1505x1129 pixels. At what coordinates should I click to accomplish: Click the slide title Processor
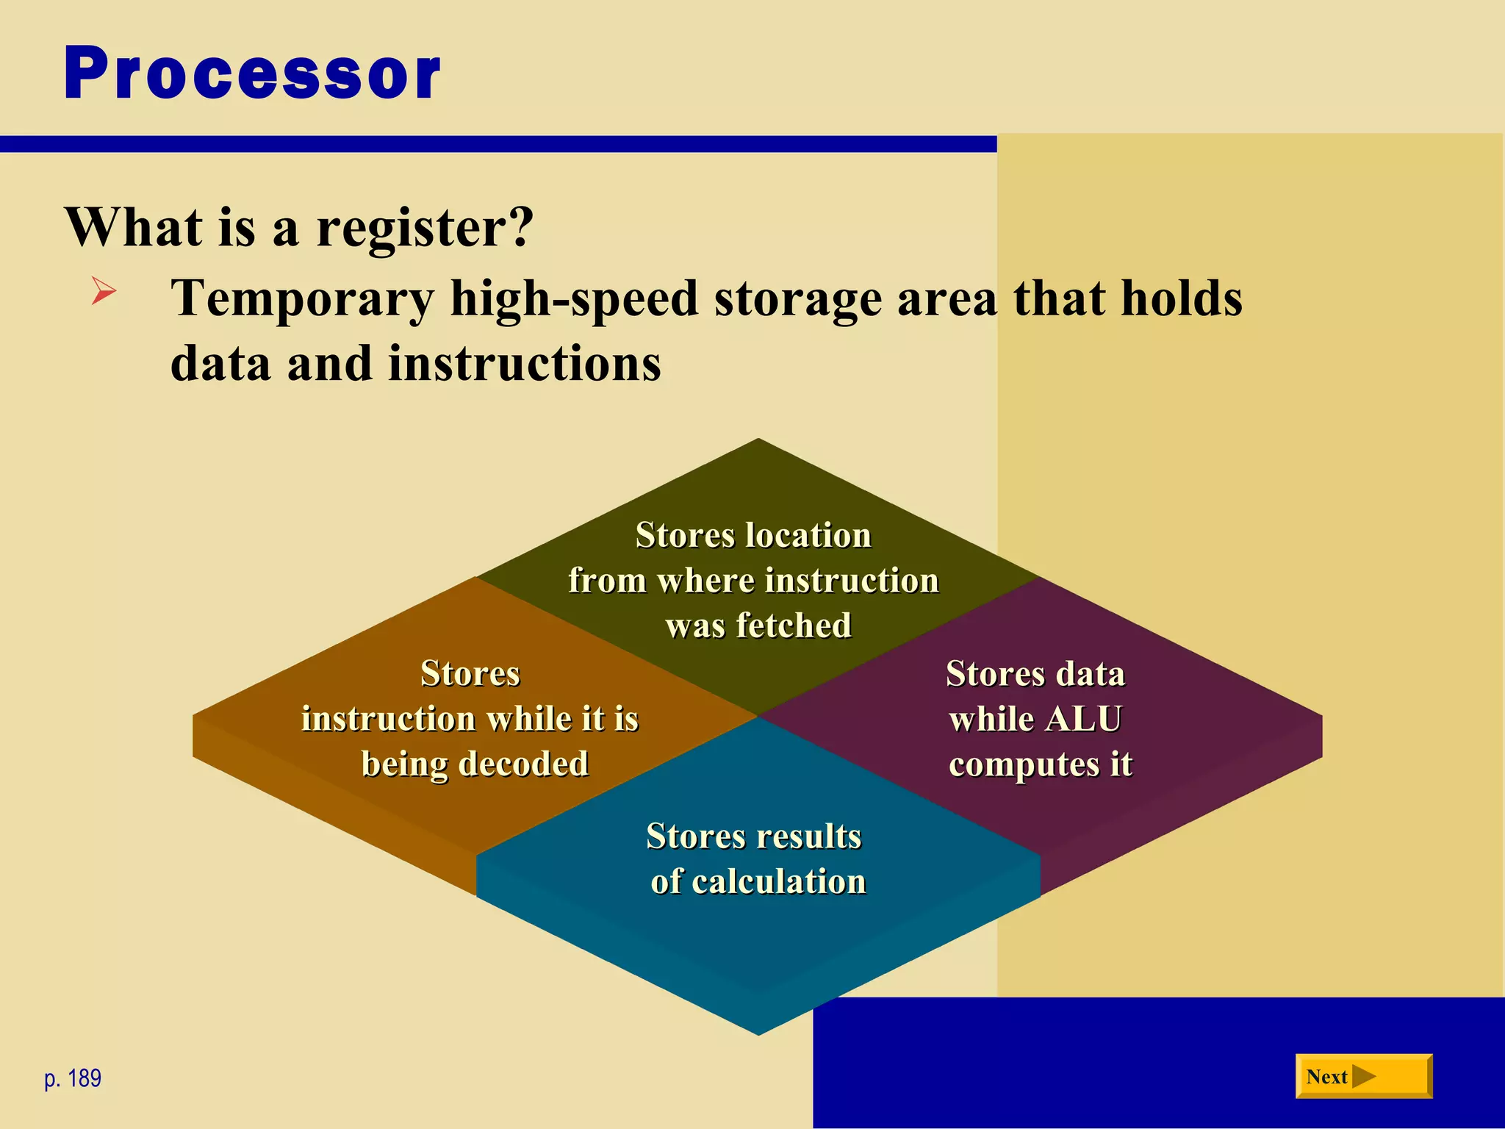click(252, 74)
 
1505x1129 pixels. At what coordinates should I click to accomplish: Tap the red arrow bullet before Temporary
click(104, 290)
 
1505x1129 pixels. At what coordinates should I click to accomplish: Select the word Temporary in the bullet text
click(302, 300)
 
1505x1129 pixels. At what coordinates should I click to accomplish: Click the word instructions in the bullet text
click(524, 364)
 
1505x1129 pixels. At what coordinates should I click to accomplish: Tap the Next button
click(1363, 1077)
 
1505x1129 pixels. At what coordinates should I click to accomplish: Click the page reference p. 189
click(73, 1078)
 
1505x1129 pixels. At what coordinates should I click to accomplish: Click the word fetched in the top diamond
click(794, 626)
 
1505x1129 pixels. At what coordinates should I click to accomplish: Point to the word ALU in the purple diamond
click(1083, 720)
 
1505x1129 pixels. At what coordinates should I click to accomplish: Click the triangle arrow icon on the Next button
click(1363, 1077)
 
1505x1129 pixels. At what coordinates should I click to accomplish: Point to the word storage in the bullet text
click(797, 300)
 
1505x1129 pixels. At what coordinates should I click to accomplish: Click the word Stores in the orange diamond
click(470, 674)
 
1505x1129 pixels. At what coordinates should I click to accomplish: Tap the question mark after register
click(519, 228)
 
